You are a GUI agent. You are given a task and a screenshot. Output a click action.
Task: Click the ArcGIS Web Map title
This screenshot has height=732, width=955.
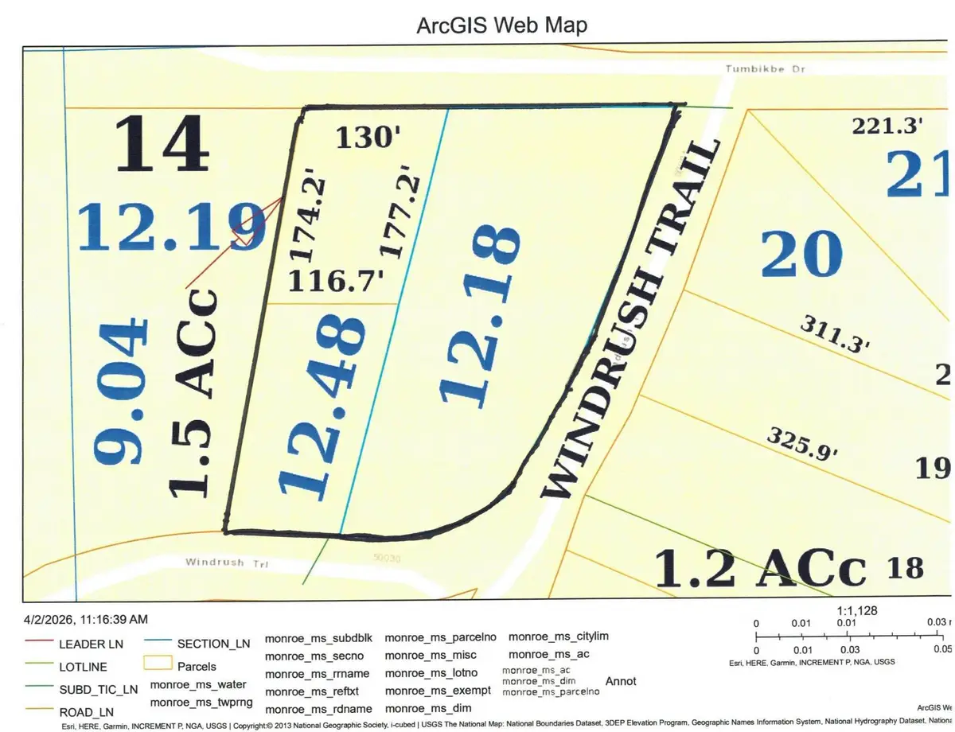pyautogui.click(x=502, y=25)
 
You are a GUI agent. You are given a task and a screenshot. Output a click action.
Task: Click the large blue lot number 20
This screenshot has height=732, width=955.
pyautogui.click(x=801, y=254)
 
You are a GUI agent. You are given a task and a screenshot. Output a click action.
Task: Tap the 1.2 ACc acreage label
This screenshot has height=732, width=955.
pyautogui.click(x=759, y=569)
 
